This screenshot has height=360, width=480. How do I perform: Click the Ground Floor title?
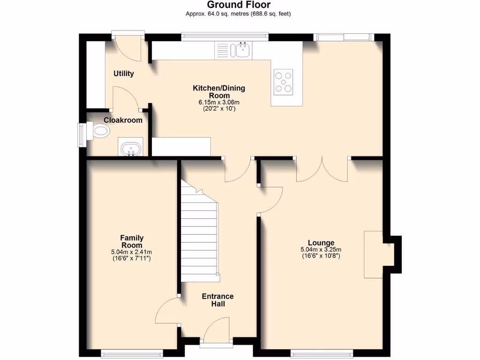239,5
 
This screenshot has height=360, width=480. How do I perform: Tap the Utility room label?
124,74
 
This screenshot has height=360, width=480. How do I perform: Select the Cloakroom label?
123,120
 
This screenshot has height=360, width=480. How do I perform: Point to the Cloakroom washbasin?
131,149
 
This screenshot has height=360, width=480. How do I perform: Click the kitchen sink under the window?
243,50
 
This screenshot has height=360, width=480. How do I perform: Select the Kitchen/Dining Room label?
219,91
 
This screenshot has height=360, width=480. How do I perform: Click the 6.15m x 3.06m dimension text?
219,102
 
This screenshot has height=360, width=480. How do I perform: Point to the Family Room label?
132,241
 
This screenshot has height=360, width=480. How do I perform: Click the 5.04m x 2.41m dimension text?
132,252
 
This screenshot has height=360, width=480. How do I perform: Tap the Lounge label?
321,242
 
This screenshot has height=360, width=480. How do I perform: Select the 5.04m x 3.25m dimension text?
321,249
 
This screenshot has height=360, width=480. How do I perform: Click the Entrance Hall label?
217,300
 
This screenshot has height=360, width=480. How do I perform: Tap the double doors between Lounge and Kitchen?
322,169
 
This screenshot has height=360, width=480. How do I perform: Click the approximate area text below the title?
239,14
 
